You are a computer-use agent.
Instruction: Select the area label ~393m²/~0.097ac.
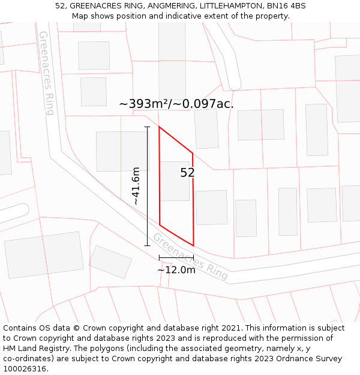pyautogui.click(x=176, y=104)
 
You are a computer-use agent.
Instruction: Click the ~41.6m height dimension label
pyautogui.click(x=137, y=186)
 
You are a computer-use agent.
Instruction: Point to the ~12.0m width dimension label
pyautogui.click(x=176, y=270)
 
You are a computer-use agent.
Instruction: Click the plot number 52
pyautogui.click(x=187, y=173)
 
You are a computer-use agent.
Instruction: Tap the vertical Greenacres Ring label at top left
pyautogui.click(x=46, y=73)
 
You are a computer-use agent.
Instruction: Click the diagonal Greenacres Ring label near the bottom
pyautogui.click(x=190, y=257)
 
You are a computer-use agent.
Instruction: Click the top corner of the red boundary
pyautogui.click(x=159, y=127)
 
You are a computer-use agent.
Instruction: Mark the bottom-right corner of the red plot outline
pyautogui.click(x=194, y=245)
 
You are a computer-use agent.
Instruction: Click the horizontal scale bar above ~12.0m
pyautogui.click(x=176, y=258)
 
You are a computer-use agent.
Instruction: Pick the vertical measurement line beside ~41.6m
pyautogui.click(x=148, y=186)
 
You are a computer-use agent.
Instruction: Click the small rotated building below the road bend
pyautogui.click(x=110, y=262)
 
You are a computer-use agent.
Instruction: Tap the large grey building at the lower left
pyautogui.click(x=44, y=255)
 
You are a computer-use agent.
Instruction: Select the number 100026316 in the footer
pyautogui.click(x=24, y=369)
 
